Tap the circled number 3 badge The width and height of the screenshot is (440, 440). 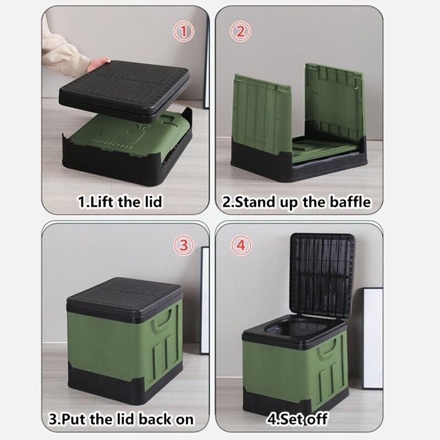(183, 244)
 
